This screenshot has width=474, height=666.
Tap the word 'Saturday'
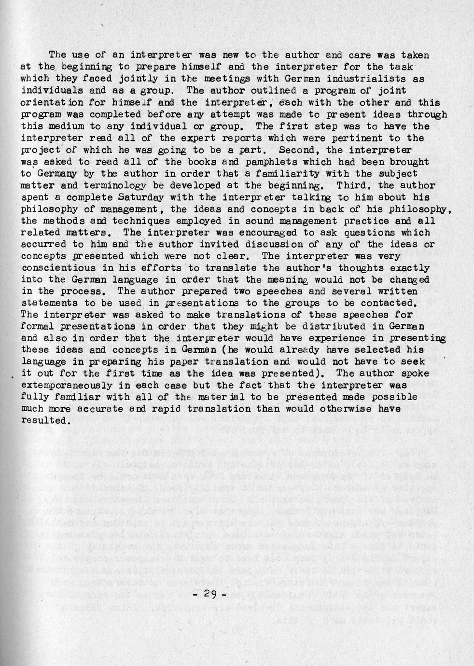141,197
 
